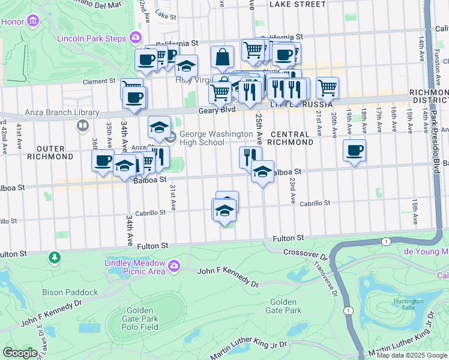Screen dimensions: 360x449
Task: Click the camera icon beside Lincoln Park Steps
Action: (136, 38)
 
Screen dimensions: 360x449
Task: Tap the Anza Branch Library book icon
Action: (82, 125)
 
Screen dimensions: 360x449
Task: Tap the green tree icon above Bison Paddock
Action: (55, 257)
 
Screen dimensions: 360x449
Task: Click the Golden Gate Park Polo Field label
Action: (141, 319)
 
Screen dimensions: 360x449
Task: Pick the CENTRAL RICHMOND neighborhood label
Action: (291, 139)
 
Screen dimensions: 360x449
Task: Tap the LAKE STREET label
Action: (297, 4)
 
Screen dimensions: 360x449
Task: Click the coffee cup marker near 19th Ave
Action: (355, 150)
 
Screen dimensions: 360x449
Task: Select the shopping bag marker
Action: (222, 58)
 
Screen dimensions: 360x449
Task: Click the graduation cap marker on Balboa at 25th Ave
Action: (262, 171)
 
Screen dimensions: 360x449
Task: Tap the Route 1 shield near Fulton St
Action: (385, 241)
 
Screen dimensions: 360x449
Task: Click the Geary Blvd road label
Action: (217, 110)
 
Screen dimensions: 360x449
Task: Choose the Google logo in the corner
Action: (20, 353)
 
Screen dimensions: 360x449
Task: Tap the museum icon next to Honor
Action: (32, 22)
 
